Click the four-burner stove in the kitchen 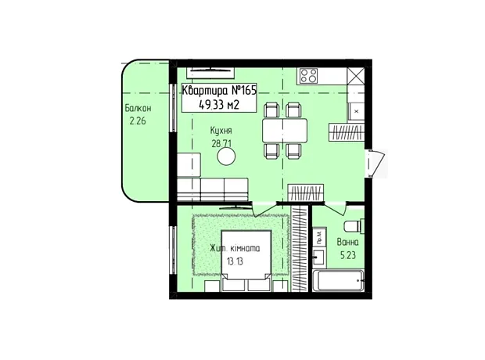pos(309,76)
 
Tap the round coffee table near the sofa pos(226,157)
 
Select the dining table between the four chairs pos(285,130)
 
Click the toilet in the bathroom pos(354,226)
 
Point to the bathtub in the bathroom pos(338,281)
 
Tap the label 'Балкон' pos(138,108)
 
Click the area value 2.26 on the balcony pos(138,121)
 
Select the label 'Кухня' pos(221,131)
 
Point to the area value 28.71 pos(221,144)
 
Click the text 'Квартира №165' pos(219,91)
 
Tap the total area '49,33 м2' pos(219,105)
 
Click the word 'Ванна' pos(347,242)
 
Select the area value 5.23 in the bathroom pos(348,255)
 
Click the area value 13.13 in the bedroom pos(235,261)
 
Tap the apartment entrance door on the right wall pos(375,164)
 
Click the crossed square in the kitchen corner pos(355,76)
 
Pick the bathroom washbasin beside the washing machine pos(319,257)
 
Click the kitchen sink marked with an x pos(356,111)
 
